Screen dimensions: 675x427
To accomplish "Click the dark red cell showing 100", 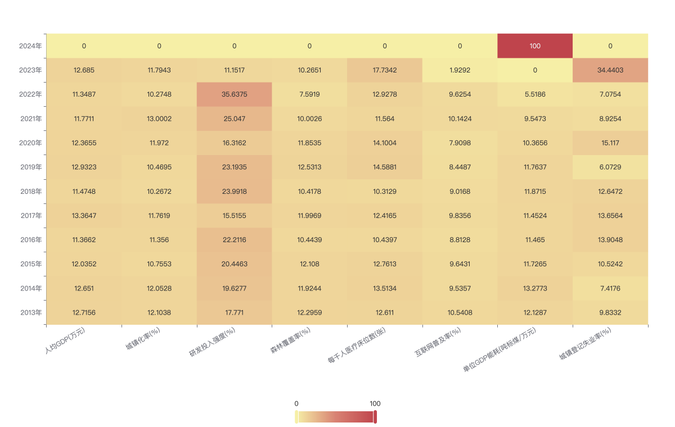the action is tap(535, 46).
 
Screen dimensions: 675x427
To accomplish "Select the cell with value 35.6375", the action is tap(234, 94).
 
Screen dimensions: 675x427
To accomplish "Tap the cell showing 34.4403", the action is tap(610, 70).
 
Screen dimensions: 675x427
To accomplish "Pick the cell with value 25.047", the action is tap(234, 119).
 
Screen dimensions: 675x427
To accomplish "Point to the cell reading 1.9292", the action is tap(460, 70).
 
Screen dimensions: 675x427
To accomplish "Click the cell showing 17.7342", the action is tap(385, 70).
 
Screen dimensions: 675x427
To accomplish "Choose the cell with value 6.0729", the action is tap(610, 167).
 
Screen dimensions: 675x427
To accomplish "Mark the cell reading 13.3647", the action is tap(84, 215).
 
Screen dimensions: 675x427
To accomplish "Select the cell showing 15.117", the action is tap(610, 143).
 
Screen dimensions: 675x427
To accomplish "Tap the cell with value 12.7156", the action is tap(84, 312).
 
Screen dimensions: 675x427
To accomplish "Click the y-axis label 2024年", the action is tap(30, 46).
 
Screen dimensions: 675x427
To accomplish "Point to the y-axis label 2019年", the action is tap(31, 167).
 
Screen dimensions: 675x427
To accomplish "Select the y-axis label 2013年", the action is tap(31, 312).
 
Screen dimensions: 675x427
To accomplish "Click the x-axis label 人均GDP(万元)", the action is tap(65, 340).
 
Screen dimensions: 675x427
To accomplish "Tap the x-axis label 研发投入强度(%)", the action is tap(212, 342).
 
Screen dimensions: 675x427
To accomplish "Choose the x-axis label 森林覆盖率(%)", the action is tap(290, 340).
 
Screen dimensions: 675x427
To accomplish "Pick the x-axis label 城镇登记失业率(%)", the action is tap(585, 344).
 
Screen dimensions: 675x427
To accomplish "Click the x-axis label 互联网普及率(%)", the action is tap(438, 342).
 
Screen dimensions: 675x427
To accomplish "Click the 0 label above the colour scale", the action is tap(296, 403).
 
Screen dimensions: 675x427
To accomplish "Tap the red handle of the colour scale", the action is tap(375, 417).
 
